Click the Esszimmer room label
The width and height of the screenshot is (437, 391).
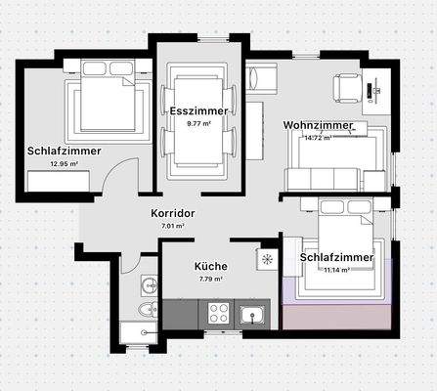click(x=198, y=110)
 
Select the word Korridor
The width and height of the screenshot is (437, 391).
click(x=173, y=213)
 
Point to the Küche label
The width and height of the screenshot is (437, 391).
click(x=210, y=266)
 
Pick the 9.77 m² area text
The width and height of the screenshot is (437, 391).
click(x=198, y=124)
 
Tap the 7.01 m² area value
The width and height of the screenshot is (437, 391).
click(x=173, y=226)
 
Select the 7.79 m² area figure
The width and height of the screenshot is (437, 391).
click(x=210, y=279)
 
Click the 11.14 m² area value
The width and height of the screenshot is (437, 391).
click(x=336, y=269)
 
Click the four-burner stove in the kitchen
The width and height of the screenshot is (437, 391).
click(x=217, y=313)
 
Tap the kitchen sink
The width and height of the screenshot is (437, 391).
click(x=252, y=314)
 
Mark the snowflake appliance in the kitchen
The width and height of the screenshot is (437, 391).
click(x=267, y=259)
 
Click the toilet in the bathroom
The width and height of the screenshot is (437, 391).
click(x=147, y=310)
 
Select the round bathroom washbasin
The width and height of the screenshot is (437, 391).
click(x=148, y=285)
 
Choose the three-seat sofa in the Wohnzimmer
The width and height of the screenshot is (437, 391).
click(x=322, y=178)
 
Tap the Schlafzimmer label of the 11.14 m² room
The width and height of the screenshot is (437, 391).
click(x=336, y=257)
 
